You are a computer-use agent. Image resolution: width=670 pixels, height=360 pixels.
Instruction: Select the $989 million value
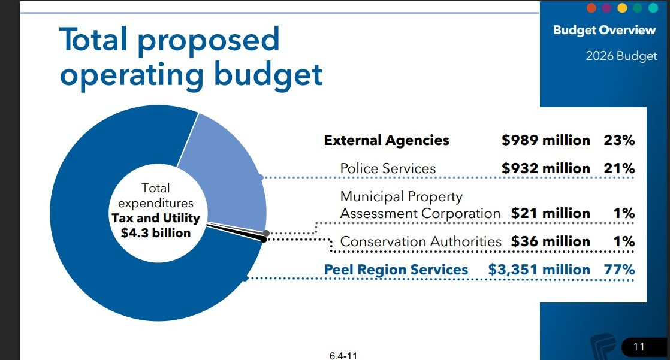[x=545, y=140]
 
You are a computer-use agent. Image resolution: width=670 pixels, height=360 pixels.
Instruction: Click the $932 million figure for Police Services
[x=545, y=168]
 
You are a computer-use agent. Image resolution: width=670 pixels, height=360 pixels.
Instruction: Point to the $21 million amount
[x=550, y=213]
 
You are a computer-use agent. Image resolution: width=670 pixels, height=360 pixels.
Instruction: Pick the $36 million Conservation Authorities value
[x=550, y=241]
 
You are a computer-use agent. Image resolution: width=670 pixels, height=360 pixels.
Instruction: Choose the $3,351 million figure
[x=539, y=270]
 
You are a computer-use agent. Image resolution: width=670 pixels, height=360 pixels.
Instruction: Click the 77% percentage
[x=619, y=270]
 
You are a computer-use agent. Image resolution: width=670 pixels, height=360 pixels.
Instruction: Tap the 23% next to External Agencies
[x=619, y=140]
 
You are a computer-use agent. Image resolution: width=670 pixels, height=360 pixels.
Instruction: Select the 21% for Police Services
[x=619, y=168]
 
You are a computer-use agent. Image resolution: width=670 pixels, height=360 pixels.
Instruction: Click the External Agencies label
[x=387, y=140]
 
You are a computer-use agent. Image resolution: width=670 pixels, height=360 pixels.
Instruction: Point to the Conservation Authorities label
[x=420, y=241]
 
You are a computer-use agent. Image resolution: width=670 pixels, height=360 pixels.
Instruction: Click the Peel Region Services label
[x=396, y=270]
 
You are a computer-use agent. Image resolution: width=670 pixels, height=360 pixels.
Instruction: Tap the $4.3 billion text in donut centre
[x=156, y=232]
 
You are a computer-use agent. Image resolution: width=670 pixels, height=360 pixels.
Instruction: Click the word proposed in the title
[x=209, y=40]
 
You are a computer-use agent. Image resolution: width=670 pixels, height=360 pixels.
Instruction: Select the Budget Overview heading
[x=604, y=30]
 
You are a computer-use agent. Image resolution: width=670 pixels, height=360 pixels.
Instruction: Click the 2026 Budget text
[x=621, y=56]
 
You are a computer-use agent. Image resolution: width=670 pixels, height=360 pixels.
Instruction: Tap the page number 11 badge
[x=638, y=346]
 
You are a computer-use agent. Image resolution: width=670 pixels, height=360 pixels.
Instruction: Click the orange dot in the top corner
[x=591, y=8]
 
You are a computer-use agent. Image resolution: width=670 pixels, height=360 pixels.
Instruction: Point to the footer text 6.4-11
[x=343, y=355]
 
